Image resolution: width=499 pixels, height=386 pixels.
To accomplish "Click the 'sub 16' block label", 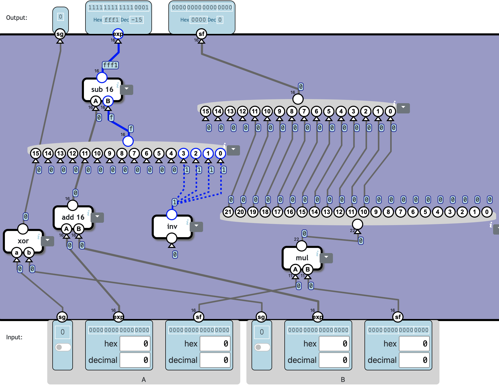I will click(x=102, y=89).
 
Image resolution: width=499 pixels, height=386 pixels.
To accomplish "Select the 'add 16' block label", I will click(x=73, y=217).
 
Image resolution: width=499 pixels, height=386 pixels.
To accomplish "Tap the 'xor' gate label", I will click(x=23, y=241).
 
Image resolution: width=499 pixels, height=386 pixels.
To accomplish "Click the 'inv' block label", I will click(x=172, y=226).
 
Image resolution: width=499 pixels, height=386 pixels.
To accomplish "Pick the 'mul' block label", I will click(x=302, y=258).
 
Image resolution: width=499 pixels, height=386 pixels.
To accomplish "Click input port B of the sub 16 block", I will click(x=108, y=101).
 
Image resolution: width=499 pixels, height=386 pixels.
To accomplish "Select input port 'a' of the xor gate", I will click(x=17, y=253).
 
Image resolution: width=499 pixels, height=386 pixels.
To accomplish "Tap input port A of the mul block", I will click(x=295, y=269).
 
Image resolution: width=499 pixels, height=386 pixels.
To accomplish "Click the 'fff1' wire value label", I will click(x=110, y=65).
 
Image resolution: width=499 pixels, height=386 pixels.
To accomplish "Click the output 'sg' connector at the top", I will click(x=60, y=34).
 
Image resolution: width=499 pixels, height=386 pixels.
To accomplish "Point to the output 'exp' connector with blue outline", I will click(x=118, y=34).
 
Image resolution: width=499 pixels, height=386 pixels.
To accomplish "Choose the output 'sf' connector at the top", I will click(x=201, y=34).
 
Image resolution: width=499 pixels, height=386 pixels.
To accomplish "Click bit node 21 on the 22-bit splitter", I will click(x=228, y=212).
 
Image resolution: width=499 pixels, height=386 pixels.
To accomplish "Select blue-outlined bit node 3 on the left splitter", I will click(x=183, y=153).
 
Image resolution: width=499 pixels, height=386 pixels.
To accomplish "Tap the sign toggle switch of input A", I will click(x=63, y=347).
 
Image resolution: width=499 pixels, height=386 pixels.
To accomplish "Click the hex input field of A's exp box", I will click(x=135, y=344).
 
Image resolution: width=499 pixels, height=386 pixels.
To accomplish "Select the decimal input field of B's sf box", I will click(x=414, y=360).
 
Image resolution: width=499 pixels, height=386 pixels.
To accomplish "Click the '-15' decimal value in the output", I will click(x=137, y=20).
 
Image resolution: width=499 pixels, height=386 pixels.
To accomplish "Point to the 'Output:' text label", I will click(x=17, y=18).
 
